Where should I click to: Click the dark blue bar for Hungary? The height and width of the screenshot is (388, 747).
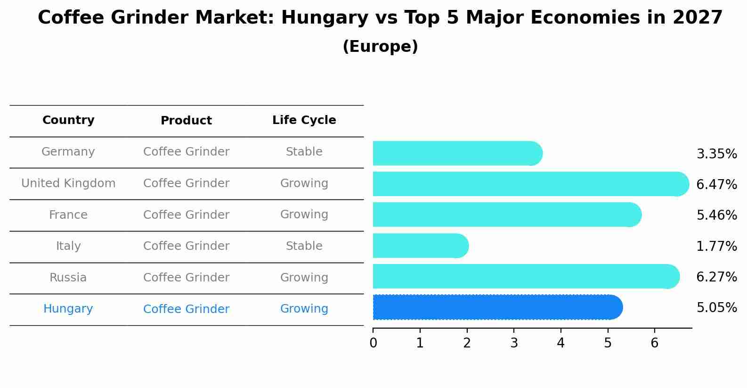coord(497,307)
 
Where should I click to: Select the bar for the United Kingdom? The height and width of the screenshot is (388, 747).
coord(530,184)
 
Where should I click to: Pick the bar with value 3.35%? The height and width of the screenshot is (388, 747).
coord(457,153)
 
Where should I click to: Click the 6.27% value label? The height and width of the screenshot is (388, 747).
coord(716,277)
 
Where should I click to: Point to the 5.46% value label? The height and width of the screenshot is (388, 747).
coord(716,215)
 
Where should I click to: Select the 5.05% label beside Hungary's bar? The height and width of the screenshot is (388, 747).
coord(716,308)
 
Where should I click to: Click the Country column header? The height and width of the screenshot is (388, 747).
coord(68,120)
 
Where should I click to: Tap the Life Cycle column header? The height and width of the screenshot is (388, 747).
coord(304,120)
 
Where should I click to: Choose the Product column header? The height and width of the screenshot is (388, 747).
coord(186,121)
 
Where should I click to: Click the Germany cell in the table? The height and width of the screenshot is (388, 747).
coord(68,152)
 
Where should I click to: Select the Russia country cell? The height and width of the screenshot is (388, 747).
coord(68,278)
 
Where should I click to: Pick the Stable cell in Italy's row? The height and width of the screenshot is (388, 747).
coord(304,246)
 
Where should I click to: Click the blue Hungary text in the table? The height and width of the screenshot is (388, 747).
coord(68,309)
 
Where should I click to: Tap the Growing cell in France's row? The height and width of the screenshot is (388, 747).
coord(304,215)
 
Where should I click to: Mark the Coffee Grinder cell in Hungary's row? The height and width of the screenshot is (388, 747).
coord(186,309)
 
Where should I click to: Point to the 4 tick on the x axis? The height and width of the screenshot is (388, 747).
coord(560,343)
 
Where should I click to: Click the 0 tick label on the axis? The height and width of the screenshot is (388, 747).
coord(373,343)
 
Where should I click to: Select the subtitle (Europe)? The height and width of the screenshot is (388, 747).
coord(380,47)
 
